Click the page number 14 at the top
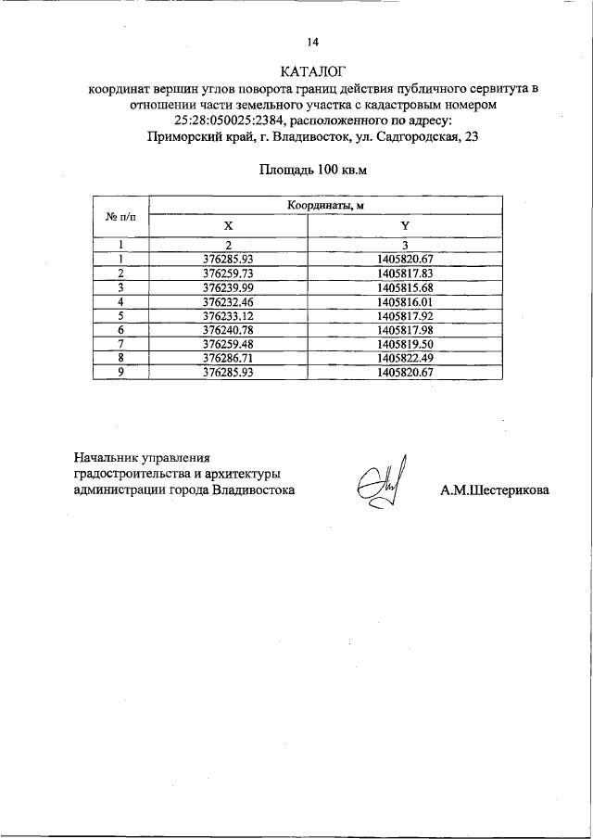point(312,42)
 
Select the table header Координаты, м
point(325,206)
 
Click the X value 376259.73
point(228,273)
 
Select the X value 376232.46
point(228,301)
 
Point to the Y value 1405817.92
point(406,315)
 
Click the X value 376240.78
point(228,329)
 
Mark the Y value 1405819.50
point(406,343)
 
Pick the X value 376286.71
point(228,357)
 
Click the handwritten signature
point(380,484)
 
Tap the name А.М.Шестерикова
point(494,490)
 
